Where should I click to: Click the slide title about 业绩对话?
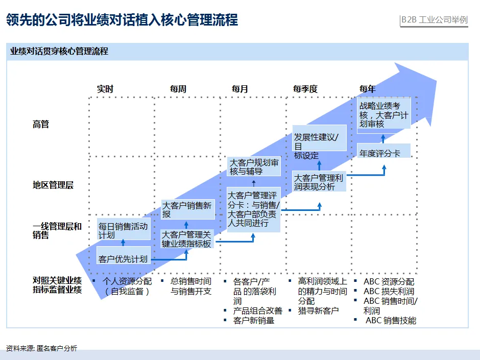click(122, 20)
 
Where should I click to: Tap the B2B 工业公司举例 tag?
click(434, 20)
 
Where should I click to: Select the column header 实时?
click(105, 89)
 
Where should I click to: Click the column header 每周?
click(178, 89)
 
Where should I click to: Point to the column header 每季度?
click(305, 89)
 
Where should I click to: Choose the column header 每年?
click(368, 89)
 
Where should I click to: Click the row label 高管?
click(41, 124)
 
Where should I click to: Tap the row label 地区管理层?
click(53, 185)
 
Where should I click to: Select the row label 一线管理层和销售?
click(57, 231)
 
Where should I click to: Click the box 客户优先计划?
click(123, 259)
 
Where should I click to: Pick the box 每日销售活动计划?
click(124, 230)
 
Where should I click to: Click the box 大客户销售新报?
click(187, 209)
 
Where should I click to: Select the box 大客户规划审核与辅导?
click(254, 167)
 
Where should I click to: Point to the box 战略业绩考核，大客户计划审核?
click(384, 115)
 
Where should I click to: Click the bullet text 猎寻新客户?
click(318, 310)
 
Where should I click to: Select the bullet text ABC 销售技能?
click(391, 321)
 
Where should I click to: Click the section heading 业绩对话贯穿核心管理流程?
click(59, 52)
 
